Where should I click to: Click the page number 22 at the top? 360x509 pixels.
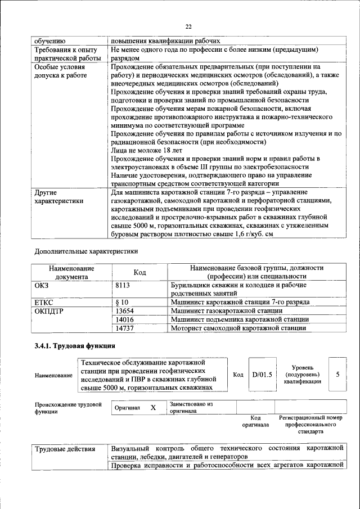coord(188,26)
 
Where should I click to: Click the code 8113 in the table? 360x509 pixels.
coord(123,285)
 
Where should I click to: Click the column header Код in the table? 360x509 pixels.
coord(139,272)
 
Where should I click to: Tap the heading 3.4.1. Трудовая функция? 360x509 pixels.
coord(75,346)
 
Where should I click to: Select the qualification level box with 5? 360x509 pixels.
coord(337,373)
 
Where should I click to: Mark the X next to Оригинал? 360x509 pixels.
coord(152,408)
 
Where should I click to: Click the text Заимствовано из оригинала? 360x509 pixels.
coord(191,407)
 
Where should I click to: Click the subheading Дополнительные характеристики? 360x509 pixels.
coord(86,251)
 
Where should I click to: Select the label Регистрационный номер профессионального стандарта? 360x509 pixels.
coord(310,425)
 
